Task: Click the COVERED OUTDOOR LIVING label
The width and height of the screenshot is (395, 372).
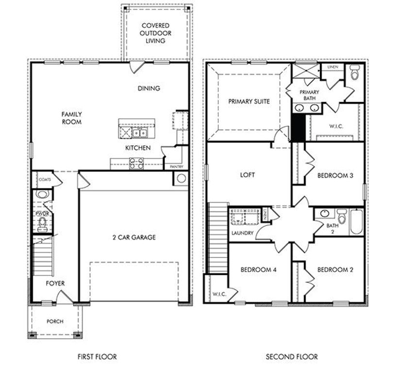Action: tap(155, 33)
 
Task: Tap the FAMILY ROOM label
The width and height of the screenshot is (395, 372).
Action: tap(71, 118)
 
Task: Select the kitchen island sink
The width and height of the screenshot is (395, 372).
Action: tap(141, 132)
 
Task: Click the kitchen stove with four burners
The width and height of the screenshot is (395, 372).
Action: tap(136, 164)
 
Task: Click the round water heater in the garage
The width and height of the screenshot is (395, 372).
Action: tap(181, 178)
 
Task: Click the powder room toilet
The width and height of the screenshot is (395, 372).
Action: tap(42, 224)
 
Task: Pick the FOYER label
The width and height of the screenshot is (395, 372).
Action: tap(55, 283)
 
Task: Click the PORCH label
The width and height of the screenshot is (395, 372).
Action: tap(54, 321)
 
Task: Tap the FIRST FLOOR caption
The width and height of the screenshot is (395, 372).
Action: tap(97, 357)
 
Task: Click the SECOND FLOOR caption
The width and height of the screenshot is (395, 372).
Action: tap(292, 357)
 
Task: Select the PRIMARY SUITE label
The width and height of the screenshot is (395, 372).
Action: tap(249, 102)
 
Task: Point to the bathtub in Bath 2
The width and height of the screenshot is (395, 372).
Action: tap(356, 222)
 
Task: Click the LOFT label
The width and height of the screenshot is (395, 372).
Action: tap(247, 175)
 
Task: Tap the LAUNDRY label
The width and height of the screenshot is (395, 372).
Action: tap(243, 233)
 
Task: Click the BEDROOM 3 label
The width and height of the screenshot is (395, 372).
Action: tap(335, 175)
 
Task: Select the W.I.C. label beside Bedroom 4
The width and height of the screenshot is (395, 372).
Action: tap(216, 294)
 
